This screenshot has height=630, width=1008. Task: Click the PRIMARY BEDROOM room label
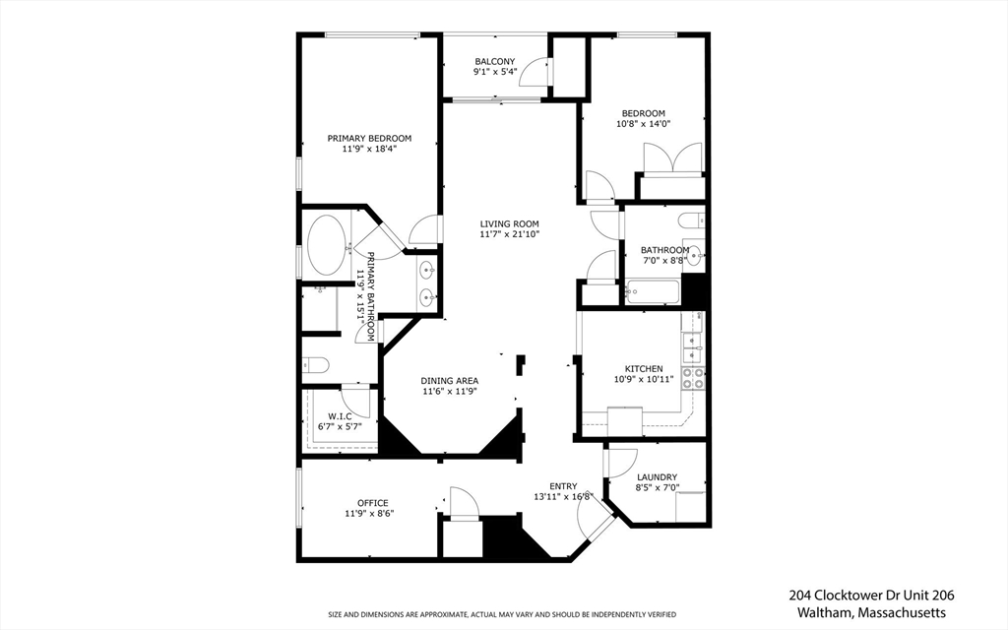coord(369,139)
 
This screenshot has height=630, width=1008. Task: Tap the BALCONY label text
coord(494,62)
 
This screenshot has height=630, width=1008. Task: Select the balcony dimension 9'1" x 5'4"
coord(494,73)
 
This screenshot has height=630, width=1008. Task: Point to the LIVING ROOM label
coord(509,223)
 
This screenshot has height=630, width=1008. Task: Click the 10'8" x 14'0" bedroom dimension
coord(642,124)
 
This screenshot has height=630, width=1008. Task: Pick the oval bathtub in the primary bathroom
coord(327,245)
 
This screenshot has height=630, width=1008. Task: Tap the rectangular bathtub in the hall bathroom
coord(651,292)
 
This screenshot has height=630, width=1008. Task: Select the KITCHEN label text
coord(643,369)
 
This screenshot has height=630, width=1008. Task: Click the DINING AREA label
coord(449,381)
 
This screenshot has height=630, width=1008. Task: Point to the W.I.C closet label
coord(340,416)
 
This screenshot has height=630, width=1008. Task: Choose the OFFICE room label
coord(372,503)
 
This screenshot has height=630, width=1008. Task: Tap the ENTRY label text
coord(563,486)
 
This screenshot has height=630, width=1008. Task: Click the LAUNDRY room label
coord(657,477)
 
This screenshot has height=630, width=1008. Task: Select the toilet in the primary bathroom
coord(315,366)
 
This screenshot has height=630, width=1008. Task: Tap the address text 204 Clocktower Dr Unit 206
coord(870,596)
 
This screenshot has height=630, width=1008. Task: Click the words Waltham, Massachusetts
coord(870,612)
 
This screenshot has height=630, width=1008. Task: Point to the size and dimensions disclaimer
coord(502,615)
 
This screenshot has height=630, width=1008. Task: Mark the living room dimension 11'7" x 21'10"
coord(509,234)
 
